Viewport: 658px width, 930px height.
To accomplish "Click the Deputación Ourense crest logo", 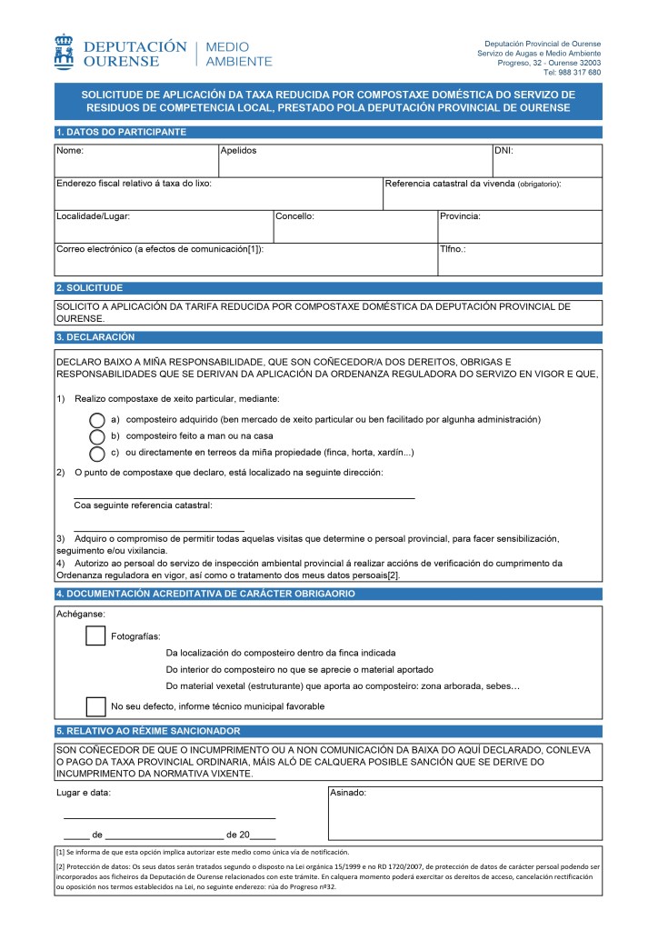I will [x=64, y=52].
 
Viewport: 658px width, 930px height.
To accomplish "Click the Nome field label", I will [x=70, y=150].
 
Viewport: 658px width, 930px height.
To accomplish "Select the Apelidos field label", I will [x=239, y=150].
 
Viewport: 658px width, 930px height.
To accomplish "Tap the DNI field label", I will [x=503, y=150].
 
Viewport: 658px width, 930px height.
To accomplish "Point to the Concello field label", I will [x=294, y=216].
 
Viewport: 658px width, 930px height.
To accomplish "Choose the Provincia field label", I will [x=460, y=216].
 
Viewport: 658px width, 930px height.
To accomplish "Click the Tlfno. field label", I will [x=453, y=249].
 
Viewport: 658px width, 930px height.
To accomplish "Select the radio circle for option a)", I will [x=97, y=420].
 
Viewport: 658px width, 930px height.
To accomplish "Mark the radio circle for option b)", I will [x=97, y=436].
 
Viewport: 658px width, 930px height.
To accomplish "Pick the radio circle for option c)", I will [x=97, y=453].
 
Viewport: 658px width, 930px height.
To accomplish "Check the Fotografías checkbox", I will [x=95, y=635].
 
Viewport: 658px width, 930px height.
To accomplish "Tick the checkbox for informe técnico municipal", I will [x=95, y=705].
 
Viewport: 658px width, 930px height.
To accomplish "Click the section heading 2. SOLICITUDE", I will [x=89, y=287].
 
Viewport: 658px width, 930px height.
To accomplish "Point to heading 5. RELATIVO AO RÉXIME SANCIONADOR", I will [x=148, y=731].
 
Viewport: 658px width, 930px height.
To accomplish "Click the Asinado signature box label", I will [x=348, y=794].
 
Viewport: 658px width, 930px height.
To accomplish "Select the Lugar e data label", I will [x=84, y=793].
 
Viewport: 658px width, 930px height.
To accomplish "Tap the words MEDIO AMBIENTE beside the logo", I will [x=239, y=54].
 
